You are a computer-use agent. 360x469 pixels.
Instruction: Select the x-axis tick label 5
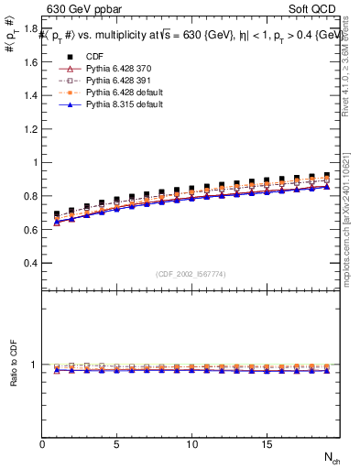click(117, 444)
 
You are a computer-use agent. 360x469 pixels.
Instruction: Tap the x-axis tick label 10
click(191, 444)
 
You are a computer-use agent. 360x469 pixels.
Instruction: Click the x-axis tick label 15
click(267, 444)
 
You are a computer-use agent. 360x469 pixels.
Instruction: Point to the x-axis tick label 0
click(42, 444)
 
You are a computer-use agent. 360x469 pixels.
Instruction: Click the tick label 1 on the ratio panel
click(34, 365)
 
